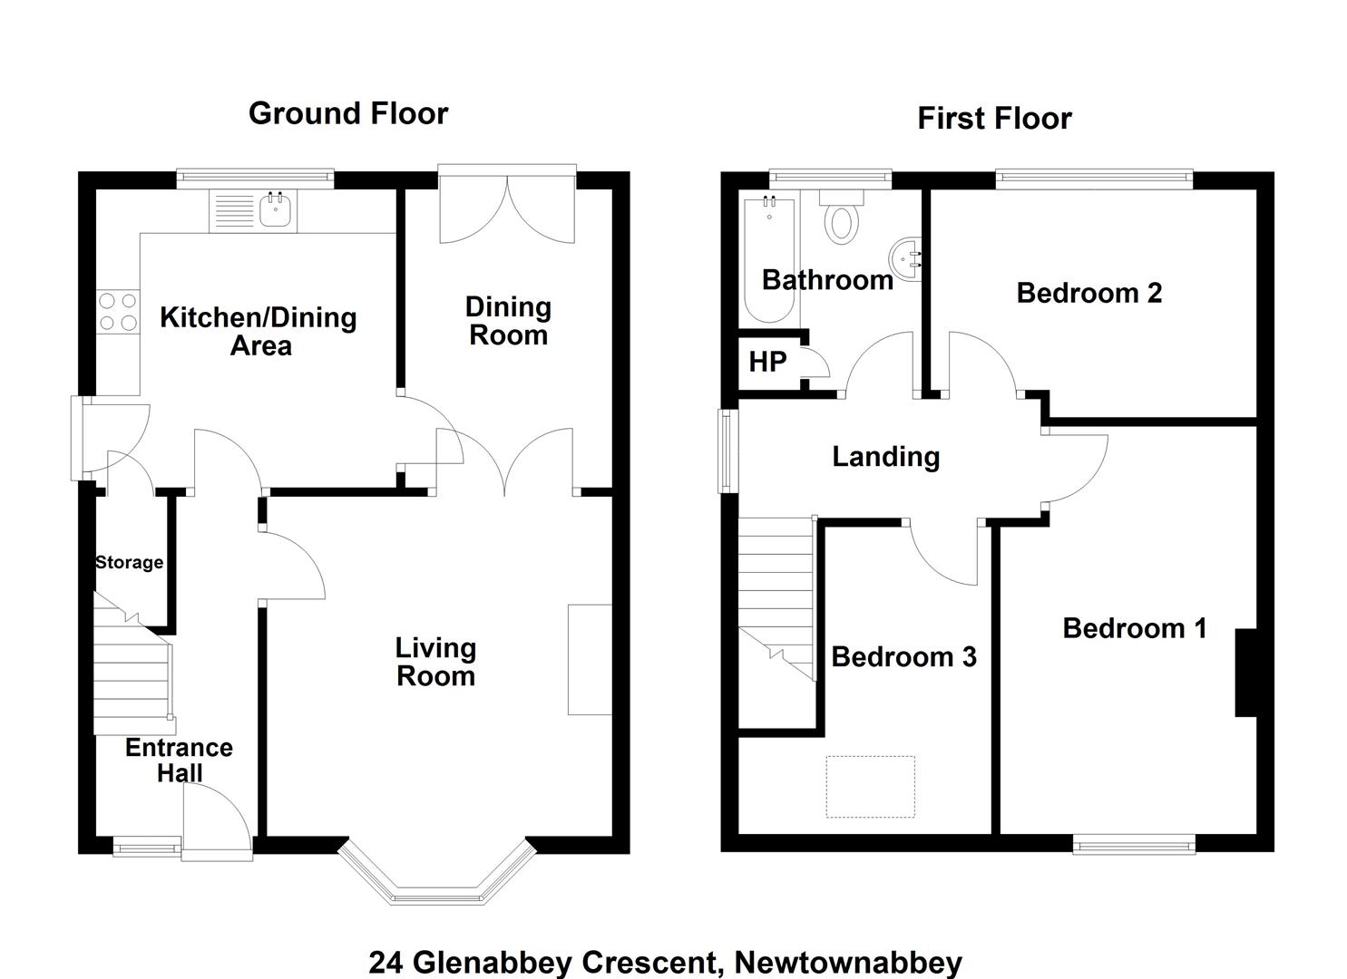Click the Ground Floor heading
coord(348,113)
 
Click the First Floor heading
coord(995,119)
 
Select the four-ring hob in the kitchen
coord(118,311)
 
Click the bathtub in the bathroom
coord(770,259)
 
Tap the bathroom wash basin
coord(904,259)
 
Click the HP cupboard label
coord(767,362)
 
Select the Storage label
coord(130,563)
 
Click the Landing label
coord(886,457)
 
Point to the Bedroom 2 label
coord(1089,294)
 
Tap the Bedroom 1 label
coord(1135,628)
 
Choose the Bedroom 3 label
coord(903,657)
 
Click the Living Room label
coord(436,662)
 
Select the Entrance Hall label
coord(180,761)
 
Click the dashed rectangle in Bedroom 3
coord(870,786)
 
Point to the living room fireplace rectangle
coord(590,659)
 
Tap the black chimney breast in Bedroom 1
coord(1246,673)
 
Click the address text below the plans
coord(665,962)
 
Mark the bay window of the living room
coord(436,873)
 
